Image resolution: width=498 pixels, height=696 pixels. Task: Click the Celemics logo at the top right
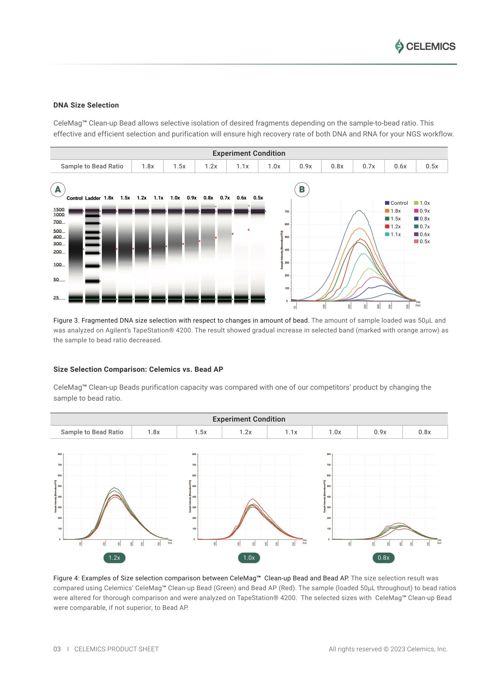425,46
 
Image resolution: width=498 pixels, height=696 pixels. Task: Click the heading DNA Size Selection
86,105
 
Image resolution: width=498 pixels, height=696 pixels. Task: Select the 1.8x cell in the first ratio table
147,166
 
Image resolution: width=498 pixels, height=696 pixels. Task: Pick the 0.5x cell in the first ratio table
431,166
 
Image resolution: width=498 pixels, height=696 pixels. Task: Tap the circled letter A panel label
58,189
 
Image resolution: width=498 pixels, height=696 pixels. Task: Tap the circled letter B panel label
302,189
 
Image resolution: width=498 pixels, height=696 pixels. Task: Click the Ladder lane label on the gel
92,198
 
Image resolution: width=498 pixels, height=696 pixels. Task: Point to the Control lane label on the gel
74,198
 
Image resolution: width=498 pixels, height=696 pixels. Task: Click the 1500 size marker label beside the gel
59,209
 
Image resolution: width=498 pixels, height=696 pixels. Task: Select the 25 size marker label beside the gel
56,298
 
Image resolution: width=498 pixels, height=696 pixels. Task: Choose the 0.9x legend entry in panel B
422,211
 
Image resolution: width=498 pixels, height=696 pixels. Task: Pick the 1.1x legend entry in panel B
393,235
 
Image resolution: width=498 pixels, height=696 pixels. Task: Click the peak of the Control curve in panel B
359,210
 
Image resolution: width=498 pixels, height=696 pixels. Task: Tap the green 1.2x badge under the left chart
114,558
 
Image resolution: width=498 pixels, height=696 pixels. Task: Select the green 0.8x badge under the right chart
383,558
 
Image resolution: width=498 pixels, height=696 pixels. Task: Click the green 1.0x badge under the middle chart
249,558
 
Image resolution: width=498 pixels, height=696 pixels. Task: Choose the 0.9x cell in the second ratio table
380,432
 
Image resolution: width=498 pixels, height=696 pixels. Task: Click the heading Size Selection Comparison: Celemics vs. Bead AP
138,369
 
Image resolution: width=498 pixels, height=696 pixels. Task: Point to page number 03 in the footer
57,649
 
